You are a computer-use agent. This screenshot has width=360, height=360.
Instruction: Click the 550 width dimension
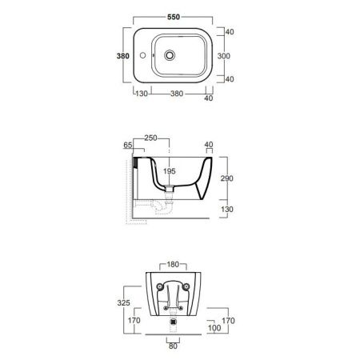click(x=174, y=17)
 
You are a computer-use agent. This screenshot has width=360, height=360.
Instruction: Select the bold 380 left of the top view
click(x=123, y=56)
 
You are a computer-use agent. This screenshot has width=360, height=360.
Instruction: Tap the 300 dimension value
click(x=224, y=56)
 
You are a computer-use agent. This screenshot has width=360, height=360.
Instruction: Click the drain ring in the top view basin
click(x=170, y=55)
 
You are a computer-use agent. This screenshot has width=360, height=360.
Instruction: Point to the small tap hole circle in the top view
click(x=143, y=55)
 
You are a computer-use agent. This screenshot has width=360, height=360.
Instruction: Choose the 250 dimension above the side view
click(x=150, y=138)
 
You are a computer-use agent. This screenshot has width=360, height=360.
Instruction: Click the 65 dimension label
click(x=128, y=145)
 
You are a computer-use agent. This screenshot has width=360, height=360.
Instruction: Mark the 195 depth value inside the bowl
click(x=170, y=171)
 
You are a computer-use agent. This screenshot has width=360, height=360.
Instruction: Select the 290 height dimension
click(x=227, y=178)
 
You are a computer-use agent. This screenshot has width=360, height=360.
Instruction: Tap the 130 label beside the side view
click(x=227, y=209)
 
